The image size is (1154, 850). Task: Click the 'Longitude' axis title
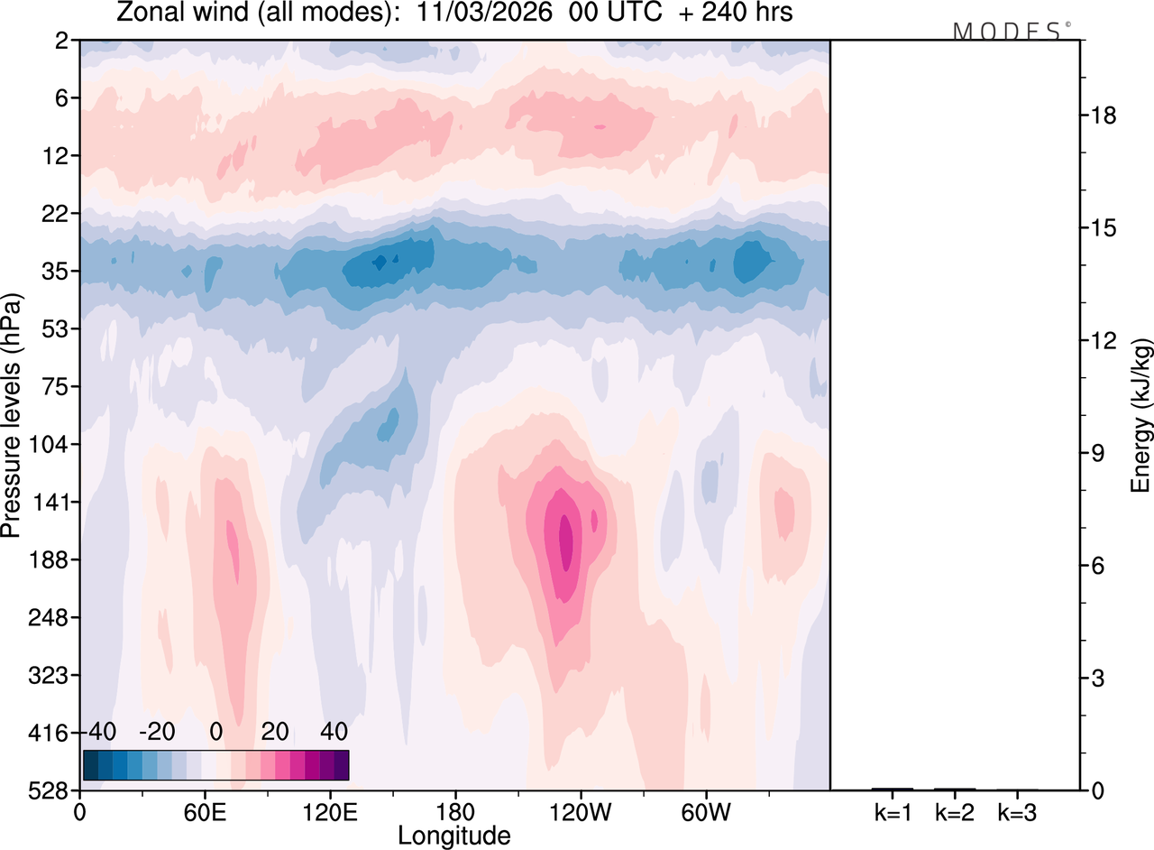[x=453, y=836]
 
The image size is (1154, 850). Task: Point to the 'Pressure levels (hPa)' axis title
[x=13, y=415]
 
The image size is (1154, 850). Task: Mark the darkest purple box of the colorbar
[x=341, y=765]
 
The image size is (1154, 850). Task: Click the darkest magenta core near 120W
[x=566, y=541]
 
